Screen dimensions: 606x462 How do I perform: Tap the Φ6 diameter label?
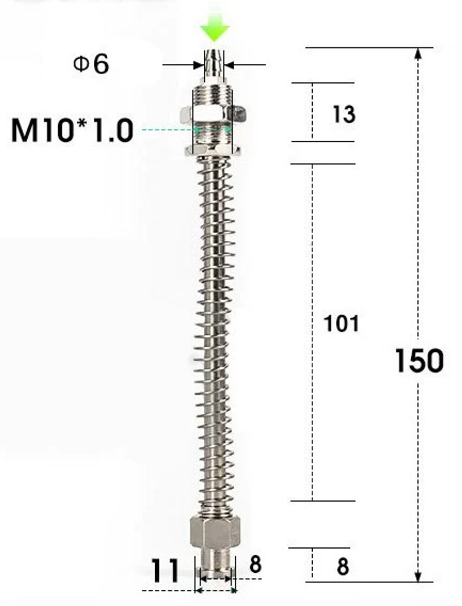[91, 64]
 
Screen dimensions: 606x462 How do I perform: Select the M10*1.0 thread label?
[72, 130]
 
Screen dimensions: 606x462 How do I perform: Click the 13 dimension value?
[343, 114]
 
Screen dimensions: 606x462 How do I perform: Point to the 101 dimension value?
[341, 323]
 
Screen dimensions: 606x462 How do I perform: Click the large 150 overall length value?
[419, 361]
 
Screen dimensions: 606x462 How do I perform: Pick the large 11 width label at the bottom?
[165, 570]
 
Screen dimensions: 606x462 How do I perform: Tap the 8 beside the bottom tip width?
[255, 564]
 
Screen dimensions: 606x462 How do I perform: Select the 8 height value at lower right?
[342, 567]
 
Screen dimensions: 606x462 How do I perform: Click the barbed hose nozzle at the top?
[213, 65]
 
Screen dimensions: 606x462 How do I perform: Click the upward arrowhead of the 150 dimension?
[418, 54]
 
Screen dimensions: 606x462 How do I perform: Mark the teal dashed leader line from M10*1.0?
[166, 130]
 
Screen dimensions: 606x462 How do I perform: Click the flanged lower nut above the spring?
[213, 149]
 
